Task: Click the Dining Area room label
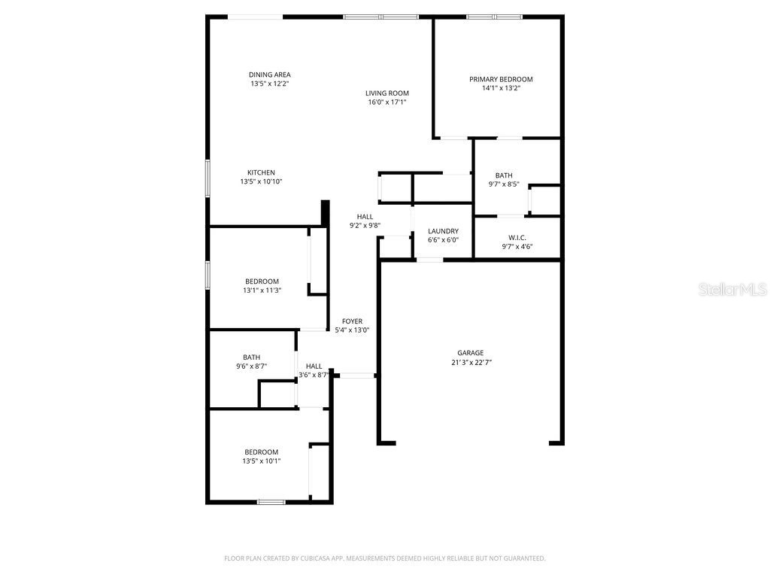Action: (x=269, y=75)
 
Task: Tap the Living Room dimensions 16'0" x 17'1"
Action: (x=387, y=102)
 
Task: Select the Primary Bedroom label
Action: (x=501, y=79)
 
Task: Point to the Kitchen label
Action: (x=261, y=172)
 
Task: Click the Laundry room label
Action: (x=443, y=231)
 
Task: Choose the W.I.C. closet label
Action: (x=517, y=237)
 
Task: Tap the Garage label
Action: (x=471, y=352)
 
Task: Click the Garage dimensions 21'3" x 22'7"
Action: (x=471, y=362)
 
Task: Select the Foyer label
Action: (x=352, y=321)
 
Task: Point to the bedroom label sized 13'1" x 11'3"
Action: (x=262, y=281)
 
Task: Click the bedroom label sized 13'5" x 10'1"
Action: (x=261, y=452)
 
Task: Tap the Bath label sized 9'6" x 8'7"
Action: (x=251, y=357)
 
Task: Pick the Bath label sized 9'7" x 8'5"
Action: (x=504, y=175)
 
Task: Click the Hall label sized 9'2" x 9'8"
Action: (x=365, y=217)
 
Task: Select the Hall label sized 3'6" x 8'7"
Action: (x=314, y=366)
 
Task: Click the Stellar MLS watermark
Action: (x=732, y=289)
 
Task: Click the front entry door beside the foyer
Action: (x=356, y=375)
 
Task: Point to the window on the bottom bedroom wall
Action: (x=271, y=502)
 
